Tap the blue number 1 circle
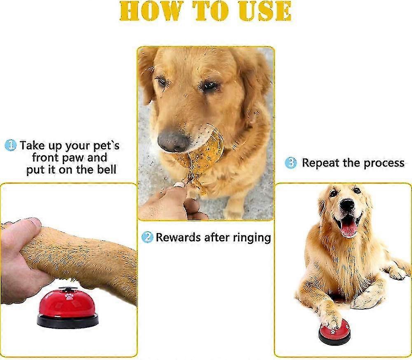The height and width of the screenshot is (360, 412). [10, 145]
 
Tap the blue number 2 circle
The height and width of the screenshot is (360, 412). [147, 237]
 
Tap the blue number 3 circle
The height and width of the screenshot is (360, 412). [291, 163]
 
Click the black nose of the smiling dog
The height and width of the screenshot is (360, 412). [347, 204]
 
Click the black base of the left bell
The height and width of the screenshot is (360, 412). [68, 321]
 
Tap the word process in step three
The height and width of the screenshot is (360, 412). [382, 163]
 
